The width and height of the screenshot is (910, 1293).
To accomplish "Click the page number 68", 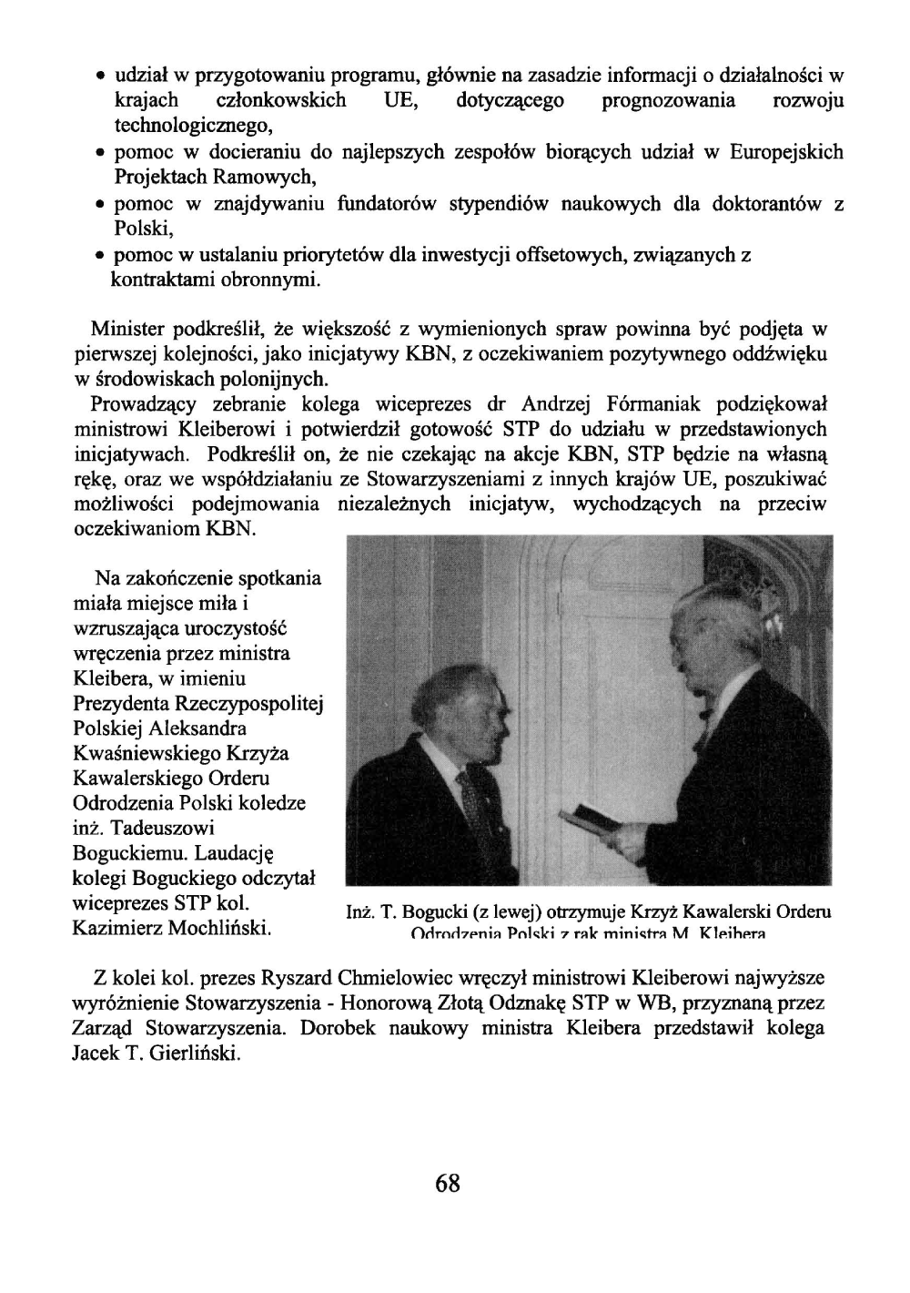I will click(448, 1183).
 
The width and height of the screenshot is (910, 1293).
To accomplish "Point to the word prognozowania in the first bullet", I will click(670, 99).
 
